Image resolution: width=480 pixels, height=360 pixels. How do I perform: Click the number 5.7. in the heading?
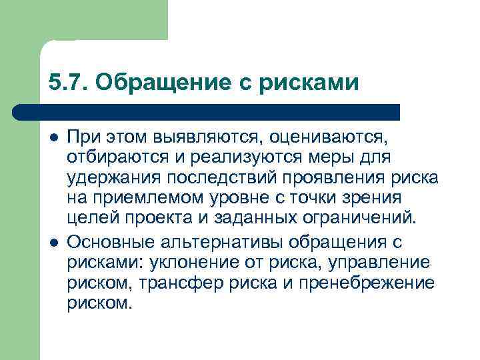(x=67, y=82)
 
